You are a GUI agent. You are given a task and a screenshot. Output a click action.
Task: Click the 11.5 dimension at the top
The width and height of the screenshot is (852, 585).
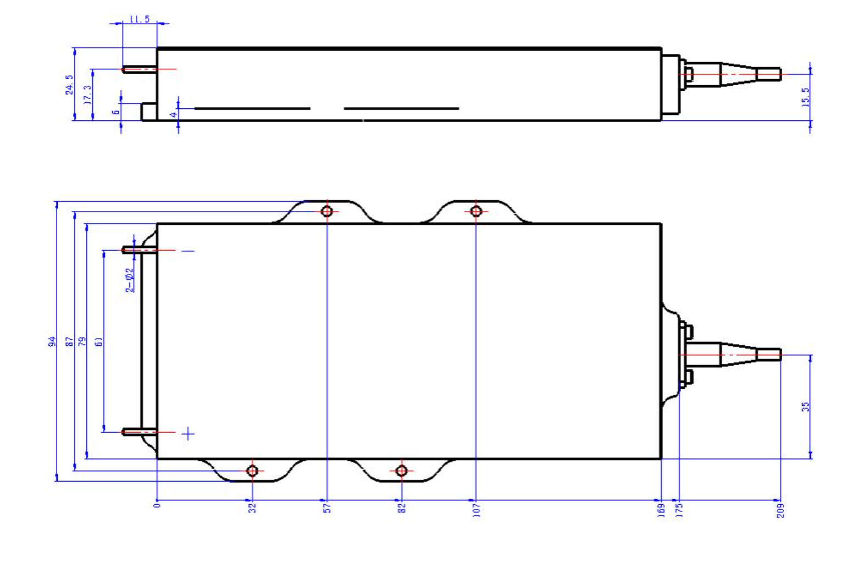[140, 19]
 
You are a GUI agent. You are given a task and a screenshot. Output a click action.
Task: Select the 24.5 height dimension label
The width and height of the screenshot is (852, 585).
[69, 85]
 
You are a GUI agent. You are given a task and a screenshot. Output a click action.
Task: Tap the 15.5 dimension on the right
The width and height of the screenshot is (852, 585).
[805, 96]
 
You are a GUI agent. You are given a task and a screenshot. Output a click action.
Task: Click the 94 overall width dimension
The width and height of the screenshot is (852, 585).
[52, 341]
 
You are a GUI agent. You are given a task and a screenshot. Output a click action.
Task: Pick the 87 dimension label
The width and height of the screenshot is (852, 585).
[69, 341]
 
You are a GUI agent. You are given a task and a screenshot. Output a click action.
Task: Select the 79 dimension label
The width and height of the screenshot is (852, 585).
[82, 341]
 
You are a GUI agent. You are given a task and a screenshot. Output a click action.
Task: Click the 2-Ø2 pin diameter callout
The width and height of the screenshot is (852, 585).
[130, 280]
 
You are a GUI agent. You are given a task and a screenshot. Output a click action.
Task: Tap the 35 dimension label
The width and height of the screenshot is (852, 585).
[805, 407]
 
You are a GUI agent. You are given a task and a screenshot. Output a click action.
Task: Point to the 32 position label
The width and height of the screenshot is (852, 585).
[252, 507]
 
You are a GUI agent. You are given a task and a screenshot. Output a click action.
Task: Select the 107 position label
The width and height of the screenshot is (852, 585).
[477, 509]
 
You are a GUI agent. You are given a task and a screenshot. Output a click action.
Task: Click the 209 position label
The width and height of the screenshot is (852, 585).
[781, 510]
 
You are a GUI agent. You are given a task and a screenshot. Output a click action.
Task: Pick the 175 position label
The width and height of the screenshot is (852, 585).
[679, 509]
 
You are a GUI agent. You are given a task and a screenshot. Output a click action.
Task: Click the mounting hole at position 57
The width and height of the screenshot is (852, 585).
[327, 211]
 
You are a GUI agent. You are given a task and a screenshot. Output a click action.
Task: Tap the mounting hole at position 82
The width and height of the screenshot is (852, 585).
[401, 471]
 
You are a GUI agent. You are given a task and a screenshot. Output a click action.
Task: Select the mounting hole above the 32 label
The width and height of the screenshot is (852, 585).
[252, 471]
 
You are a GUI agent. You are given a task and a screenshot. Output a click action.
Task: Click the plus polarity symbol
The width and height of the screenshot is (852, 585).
[189, 434]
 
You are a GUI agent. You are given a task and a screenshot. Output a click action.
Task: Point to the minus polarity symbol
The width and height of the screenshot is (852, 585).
[188, 251]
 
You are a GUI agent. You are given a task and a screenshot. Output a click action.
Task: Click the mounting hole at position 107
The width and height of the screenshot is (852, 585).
[477, 211]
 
